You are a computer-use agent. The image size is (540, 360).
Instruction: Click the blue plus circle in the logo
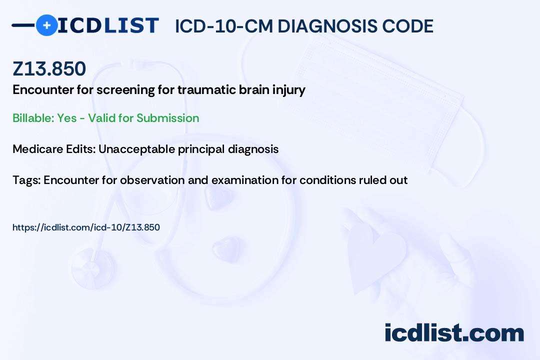[x=46, y=25]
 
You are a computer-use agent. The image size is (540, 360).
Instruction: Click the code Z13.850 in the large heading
[x=49, y=68]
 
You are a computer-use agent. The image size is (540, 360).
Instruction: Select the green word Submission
[x=167, y=118]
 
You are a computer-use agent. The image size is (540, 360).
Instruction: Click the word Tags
[x=26, y=180]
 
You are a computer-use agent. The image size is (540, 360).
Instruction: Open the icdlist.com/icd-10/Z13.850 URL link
[x=86, y=227]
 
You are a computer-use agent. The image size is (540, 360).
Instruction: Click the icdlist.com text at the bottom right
[x=454, y=333]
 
